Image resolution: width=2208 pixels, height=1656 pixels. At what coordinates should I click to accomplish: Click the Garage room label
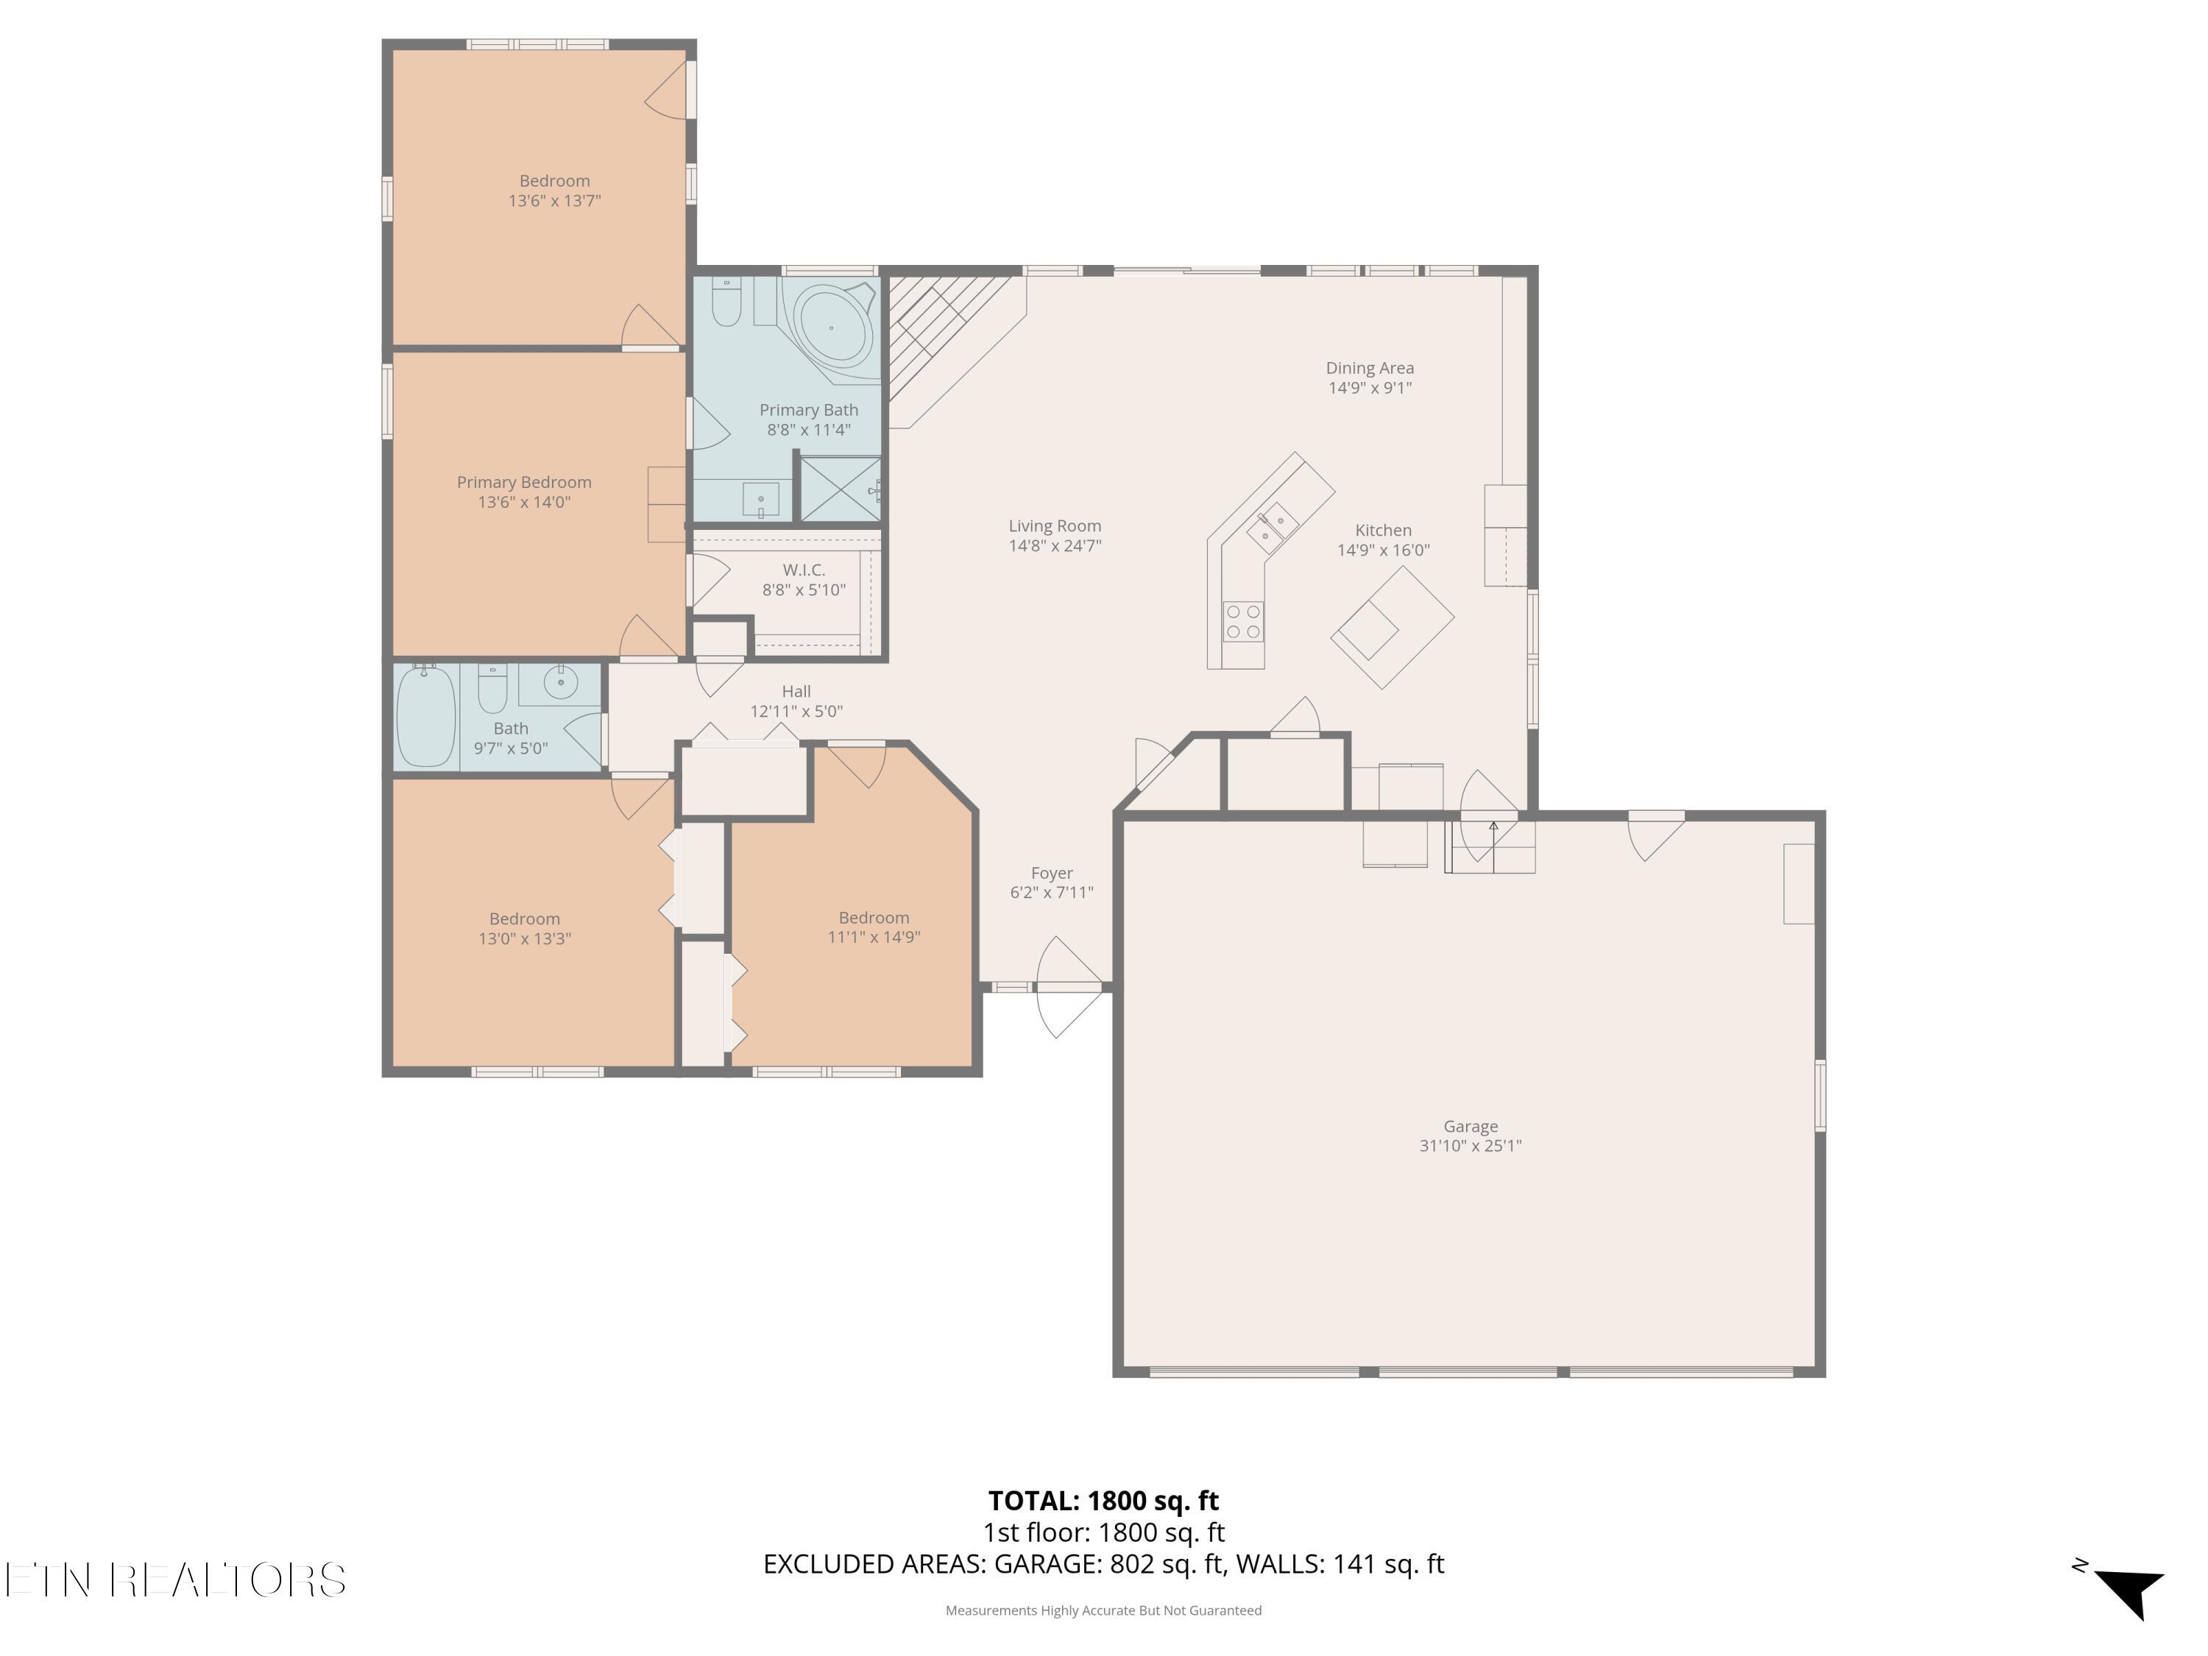[x=1471, y=1126]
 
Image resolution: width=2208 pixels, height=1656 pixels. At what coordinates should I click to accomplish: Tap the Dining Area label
[x=1370, y=368]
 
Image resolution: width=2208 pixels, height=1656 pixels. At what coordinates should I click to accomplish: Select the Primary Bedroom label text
[x=524, y=482]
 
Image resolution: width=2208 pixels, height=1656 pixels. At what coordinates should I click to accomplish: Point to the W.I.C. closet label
[x=804, y=570]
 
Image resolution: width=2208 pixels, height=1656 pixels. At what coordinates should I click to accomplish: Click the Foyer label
[x=1052, y=874]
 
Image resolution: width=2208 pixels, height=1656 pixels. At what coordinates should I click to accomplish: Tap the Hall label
[x=796, y=691]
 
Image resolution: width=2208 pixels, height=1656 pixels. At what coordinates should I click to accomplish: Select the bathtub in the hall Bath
[x=426, y=715]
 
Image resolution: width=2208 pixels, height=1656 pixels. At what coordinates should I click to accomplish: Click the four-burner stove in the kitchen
[x=1244, y=621]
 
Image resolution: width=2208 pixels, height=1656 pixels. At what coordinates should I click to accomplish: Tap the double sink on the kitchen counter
[x=1273, y=528]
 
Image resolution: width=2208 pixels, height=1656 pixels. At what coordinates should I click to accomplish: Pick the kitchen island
[x=1393, y=627]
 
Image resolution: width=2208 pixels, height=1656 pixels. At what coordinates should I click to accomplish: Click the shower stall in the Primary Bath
[x=841, y=489]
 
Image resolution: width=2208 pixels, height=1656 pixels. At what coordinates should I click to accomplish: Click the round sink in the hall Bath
[x=561, y=682]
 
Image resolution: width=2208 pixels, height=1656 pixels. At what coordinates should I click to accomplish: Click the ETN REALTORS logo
[x=176, y=1580]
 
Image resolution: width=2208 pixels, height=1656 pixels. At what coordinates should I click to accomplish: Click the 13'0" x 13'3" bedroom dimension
[x=525, y=938]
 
